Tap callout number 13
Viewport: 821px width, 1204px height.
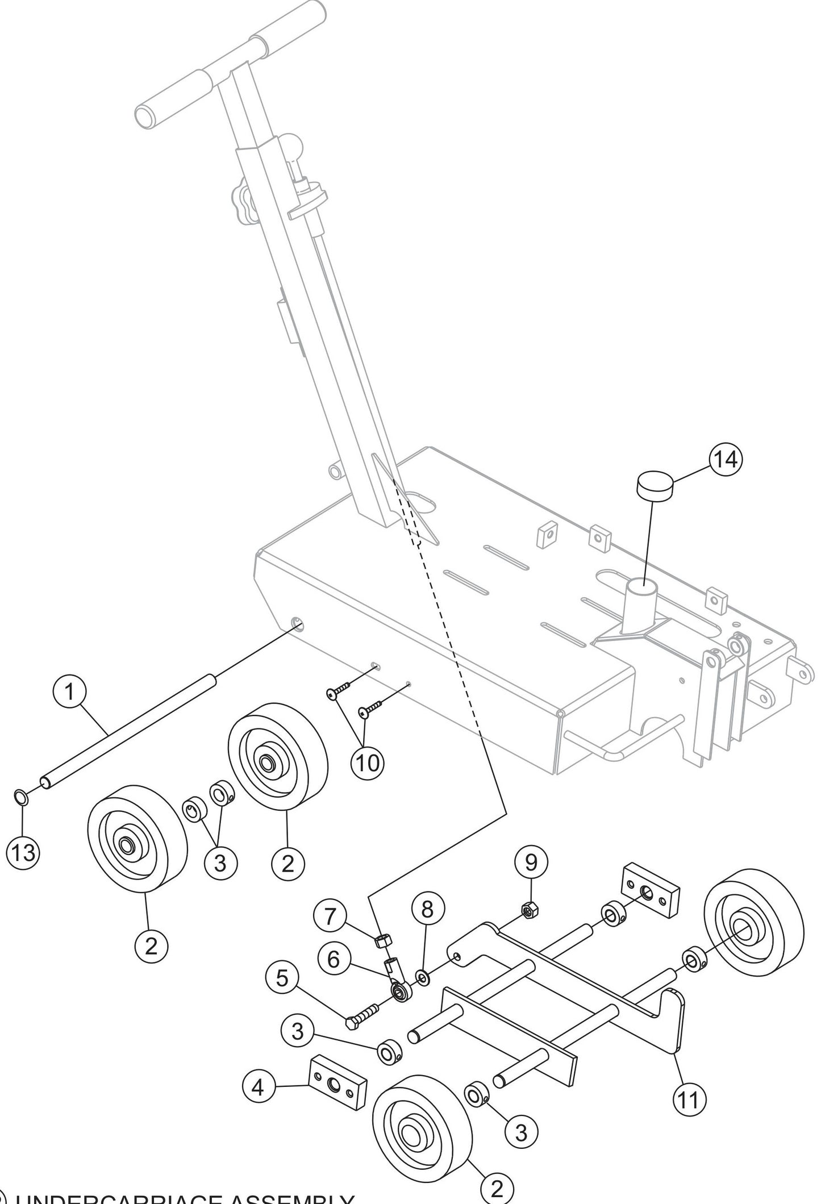pos(22,853)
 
